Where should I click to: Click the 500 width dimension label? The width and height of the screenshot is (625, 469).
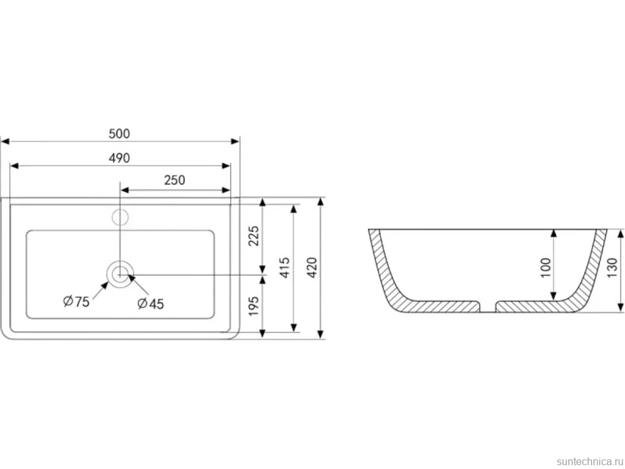point(119,134)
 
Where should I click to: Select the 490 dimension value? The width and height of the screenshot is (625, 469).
point(119,158)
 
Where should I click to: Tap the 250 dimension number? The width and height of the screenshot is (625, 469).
point(175,180)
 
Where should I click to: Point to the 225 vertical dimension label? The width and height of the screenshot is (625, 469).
point(254,236)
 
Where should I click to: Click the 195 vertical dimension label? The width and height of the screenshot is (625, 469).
point(254,306)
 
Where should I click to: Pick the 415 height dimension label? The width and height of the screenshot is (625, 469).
point(285,268)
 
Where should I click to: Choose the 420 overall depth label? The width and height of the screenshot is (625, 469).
point(312,268)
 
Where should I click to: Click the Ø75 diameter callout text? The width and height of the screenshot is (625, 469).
point(76,301)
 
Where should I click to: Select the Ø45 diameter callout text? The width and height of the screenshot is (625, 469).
point(150,303)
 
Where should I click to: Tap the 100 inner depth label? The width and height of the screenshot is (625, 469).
point(546,268)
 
